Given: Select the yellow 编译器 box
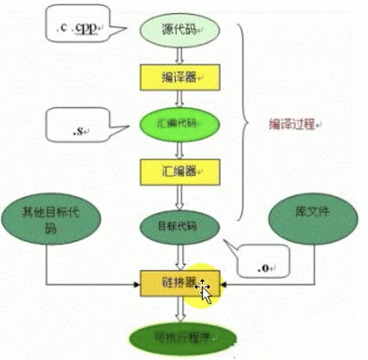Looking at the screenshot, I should pyautogui.click(x=180, y=77).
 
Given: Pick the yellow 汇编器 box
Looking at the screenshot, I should pyautogui.click(x=180, y=171).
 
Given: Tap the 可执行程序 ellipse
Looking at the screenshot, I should pyautogui.click(x=182, y=337).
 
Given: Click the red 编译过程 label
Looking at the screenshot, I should pyautogui.click(x=293, y=124).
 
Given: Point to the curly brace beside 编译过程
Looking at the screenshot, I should pyautogui.click(x=245, y=123).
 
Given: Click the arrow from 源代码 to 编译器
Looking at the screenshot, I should pyautogui.click(x=180, y=55).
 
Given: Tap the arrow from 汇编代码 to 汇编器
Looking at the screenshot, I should pyautogui.click(x=180, y=147).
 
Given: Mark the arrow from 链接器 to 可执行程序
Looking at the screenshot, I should pyautogui.click(x=180, y=310).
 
